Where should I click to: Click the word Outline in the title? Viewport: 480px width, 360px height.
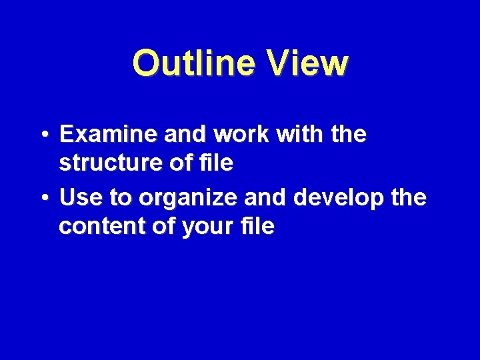tap(193, 64)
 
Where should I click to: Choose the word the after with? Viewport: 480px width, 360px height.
tap(348, 135)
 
